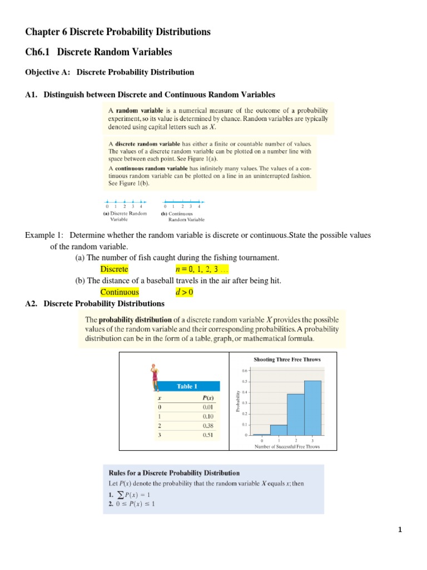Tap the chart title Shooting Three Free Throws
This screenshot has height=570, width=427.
(287, 360)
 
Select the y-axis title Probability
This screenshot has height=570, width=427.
(237, 402)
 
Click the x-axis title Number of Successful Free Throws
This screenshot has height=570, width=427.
(287, 446)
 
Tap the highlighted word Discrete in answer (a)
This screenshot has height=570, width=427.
(114, 269)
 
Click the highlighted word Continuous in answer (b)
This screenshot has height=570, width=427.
(120, 292)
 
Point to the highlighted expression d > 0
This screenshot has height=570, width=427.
(184, 292)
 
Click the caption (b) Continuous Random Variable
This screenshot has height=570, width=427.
(182, 216)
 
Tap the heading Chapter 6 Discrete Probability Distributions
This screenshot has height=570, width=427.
(118, 32)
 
